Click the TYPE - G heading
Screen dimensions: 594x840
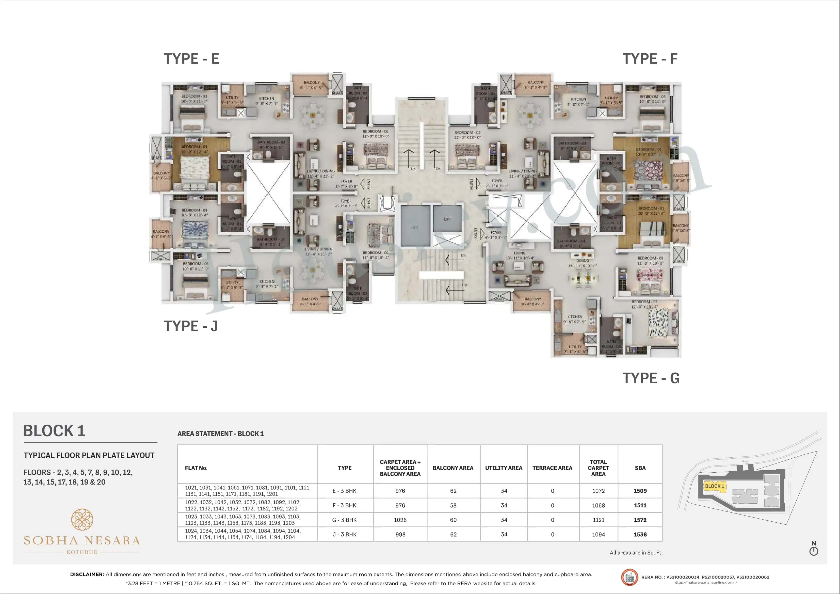click(651, 378)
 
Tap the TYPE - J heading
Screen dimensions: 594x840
click(191, 326)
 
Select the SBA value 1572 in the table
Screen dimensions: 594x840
click(640, 520)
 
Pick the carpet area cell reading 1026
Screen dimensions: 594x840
click(400, 520)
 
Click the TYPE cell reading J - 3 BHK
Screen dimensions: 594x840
click(344, 534)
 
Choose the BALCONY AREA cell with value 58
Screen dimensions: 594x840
click(453, 505)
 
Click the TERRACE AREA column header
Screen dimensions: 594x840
click(552, 468)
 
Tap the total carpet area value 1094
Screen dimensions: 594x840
click(598, 534)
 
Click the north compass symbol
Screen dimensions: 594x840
click(813, 551)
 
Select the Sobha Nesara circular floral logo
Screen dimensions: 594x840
click(82, 519)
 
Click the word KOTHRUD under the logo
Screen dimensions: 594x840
click(82, 552)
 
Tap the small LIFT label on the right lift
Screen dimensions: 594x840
click(447, 219)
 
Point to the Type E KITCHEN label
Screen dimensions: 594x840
click(266, 99)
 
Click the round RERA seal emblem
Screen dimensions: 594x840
click(629, 577)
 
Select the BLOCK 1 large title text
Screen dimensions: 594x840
click(54, 431)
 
